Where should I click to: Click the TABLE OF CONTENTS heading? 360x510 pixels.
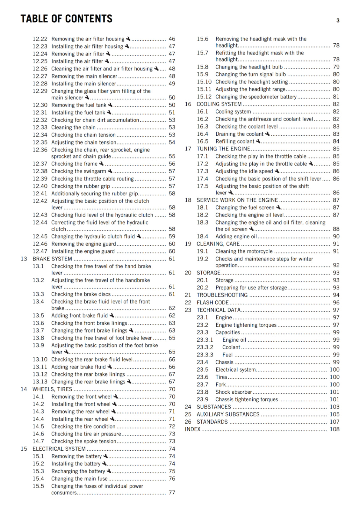(66, 19)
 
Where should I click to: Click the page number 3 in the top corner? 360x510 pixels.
(338, 21)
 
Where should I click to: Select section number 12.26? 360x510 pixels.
(40, 69)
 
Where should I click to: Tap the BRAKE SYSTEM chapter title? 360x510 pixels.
(52, 259)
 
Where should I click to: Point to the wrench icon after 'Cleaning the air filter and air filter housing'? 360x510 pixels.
(156, 69)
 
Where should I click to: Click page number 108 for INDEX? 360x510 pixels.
(335, 429)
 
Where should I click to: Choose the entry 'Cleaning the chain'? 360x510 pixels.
(73, 127)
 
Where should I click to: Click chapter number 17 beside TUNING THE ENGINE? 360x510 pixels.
(188, 149)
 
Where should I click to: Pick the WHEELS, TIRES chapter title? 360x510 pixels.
(52, 389)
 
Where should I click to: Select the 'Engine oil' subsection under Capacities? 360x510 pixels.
(234, 340)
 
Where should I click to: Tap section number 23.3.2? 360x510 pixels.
(205, 347)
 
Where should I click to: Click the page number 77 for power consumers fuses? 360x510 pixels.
(172, 493)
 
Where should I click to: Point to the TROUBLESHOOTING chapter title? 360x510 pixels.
(222, 295)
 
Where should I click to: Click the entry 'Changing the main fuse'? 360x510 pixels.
(79, 479)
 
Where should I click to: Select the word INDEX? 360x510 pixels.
(192, 429)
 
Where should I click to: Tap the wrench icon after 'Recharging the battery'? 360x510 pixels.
(109, 471)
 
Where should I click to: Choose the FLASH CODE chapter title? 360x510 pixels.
(212, 302)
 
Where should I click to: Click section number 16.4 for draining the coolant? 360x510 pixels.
(202, 134)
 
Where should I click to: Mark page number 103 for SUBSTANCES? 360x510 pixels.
(335, 407)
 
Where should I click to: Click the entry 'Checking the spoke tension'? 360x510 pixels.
(83, 441)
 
